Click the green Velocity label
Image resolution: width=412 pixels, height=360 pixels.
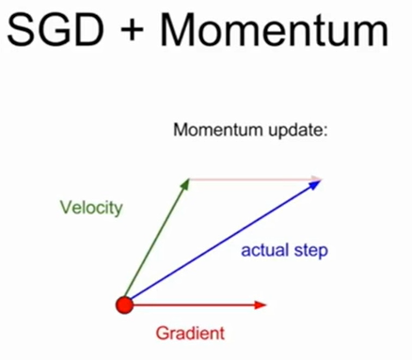90,208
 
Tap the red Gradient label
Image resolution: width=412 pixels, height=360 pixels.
190,333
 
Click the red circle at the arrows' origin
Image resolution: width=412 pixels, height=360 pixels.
123,304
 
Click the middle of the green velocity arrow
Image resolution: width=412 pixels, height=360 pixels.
156,241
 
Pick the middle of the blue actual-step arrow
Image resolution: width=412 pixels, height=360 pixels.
221,242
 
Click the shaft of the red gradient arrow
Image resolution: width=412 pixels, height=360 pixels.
193,304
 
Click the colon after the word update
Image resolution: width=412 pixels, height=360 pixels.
324,131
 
